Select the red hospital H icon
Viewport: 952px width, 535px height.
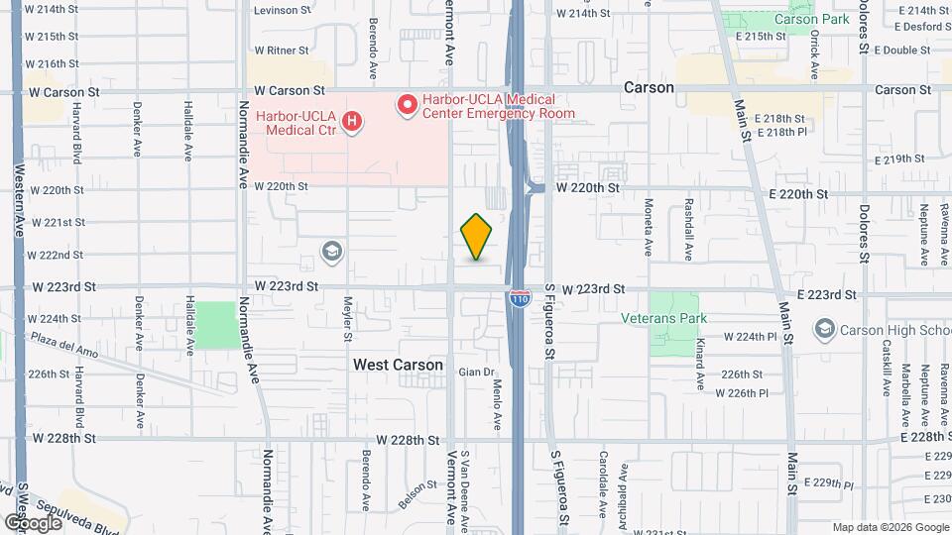coord(350,122)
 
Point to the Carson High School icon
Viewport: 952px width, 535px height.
coord(823,328)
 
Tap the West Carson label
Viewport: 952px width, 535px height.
coord(398,365)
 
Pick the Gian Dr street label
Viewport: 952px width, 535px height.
coord(476,373)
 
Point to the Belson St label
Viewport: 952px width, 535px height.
coord(416,492)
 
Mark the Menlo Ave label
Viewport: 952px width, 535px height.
coord(497,403)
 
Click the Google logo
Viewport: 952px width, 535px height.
coord(32,522)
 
